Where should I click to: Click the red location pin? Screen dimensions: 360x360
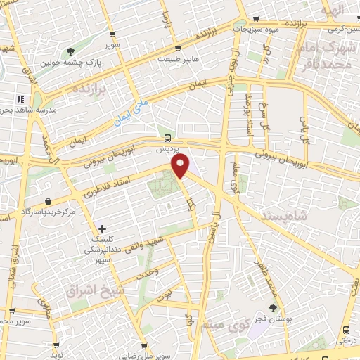pyautogui.click(x=181, y=167)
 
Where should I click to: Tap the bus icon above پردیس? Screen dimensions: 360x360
pyautogui.click(x=167, y=138)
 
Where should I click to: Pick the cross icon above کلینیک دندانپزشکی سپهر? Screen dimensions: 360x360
pyautogui.click(x=103, y=229)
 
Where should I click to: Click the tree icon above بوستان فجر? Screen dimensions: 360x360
pyautogui.click(x=274, y=308)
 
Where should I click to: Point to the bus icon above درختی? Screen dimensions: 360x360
pyautogui.click(x=346, y=330)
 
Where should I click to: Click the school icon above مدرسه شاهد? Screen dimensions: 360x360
pyautogui.click(x=20, y=99)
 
